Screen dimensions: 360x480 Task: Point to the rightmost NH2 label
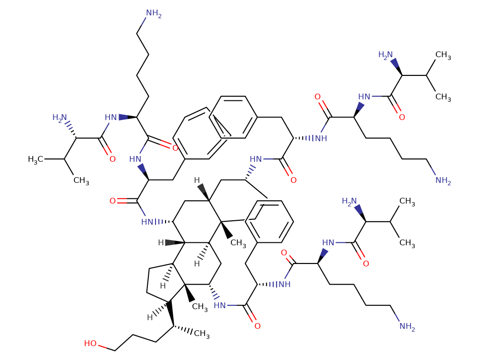(x=443, y=180)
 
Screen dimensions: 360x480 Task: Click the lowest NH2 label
(x=407, y=327)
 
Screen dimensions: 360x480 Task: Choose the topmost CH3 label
(x=443, y=56)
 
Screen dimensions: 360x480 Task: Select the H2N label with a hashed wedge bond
(x=61, y=117)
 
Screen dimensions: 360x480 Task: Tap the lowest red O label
(x=257, y=326)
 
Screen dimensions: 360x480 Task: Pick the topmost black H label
(x=197, y=181)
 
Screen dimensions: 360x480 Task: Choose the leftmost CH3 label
(x=81, y=180)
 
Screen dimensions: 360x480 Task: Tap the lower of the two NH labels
(x=284, y=284)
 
